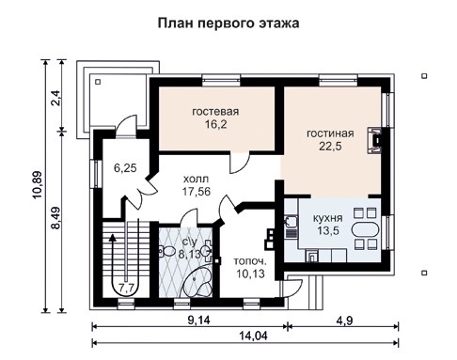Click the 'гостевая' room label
(x=215, y=113)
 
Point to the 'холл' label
(x=196, y=176)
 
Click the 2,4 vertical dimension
(x=55, y=96)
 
